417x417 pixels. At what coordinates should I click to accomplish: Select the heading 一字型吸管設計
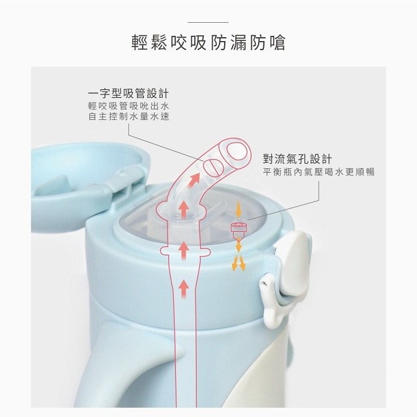click(x=133, y=93)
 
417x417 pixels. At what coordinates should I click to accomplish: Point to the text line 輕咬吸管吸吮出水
click(x=133, y=106)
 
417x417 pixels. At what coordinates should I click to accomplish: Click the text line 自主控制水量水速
click(x=133, y=118)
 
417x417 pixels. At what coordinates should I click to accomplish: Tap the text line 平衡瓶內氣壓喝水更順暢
click(x=319, y=173)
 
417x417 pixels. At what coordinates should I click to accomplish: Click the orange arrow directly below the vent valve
click(x=239, y=246)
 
